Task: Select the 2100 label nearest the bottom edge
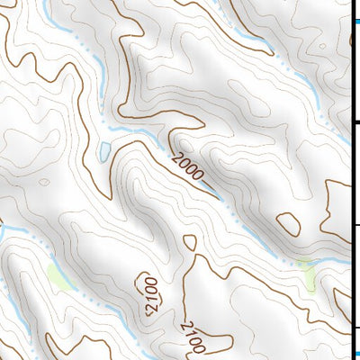(x=194, y=337)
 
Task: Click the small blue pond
(x=104, y=150)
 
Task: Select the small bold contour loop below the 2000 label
(x=189, y=242)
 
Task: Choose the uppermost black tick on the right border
(x=355, y=122)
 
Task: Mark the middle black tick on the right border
(x=355, y=225)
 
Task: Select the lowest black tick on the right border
(x=355, y=327)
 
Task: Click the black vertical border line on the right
(x=351, y=180)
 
